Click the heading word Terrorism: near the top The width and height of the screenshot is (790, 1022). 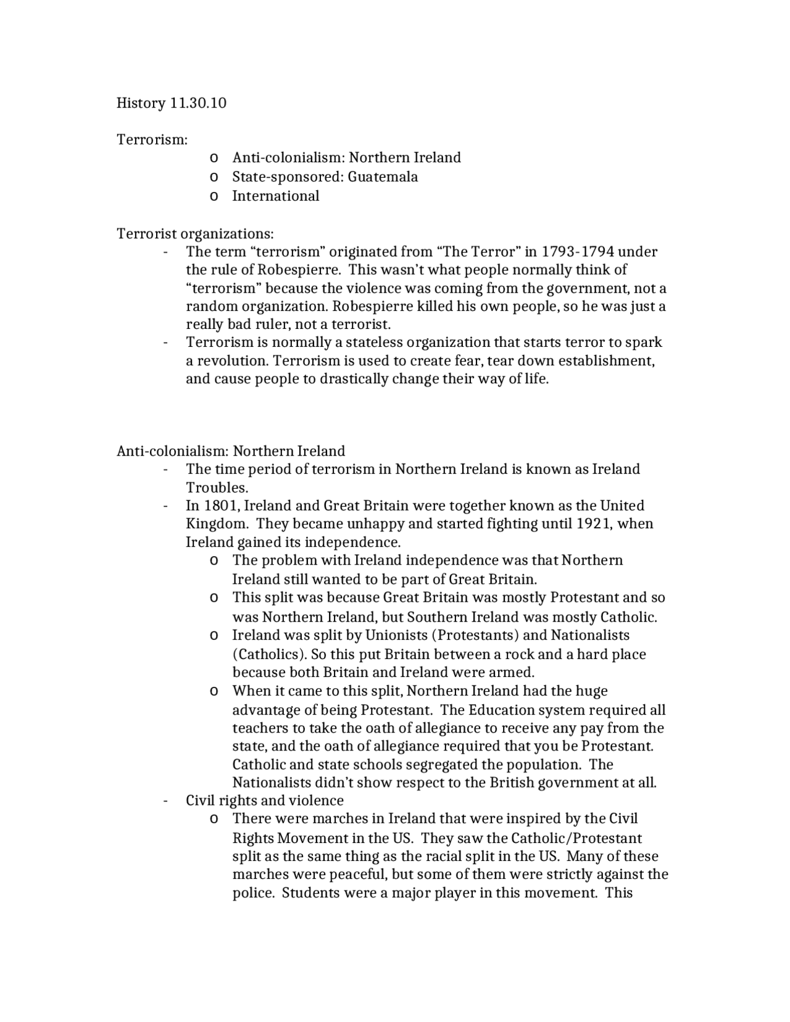(x=152, y=139)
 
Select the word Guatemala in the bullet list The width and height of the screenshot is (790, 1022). (x=383, y=177)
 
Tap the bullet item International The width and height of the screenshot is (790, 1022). (x=275, y=196)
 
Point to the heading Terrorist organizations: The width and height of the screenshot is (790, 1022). (x=195, y=233)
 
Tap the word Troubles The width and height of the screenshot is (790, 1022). (x=216, y=487)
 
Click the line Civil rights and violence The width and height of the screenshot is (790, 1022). (x=264, y=800)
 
